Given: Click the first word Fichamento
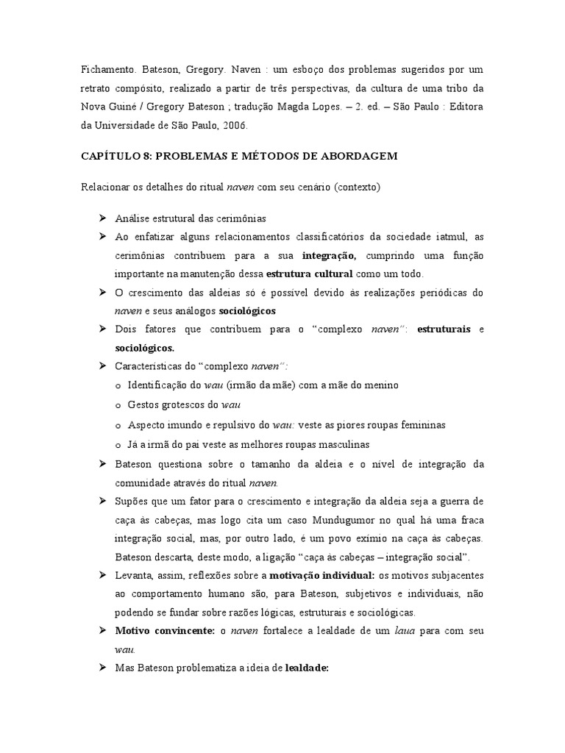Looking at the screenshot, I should (105, 70).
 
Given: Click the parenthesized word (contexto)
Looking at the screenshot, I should (356, 188).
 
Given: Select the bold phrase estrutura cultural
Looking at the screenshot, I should (309, 274).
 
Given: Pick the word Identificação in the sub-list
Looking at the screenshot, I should (159, 385).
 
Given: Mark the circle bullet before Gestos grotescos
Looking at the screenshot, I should (119, 405).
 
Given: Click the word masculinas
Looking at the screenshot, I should (335, 445).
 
